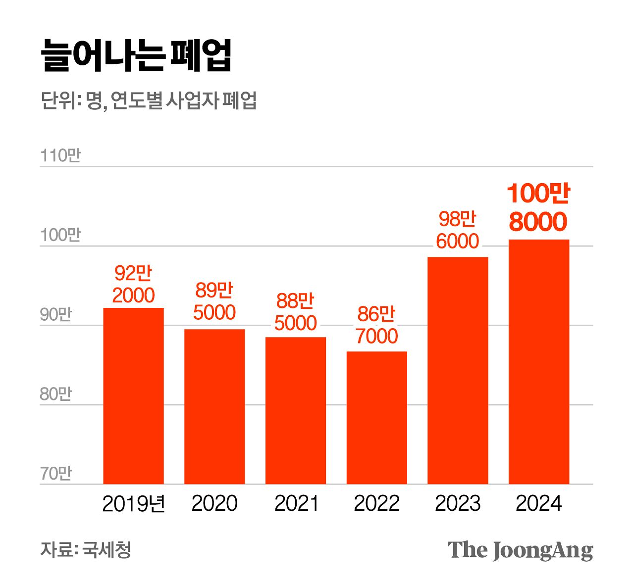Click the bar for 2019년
(x=133, y=396)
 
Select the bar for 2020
(x=214, y=406)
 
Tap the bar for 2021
(x=296, y=410)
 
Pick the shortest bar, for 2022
(x=376, y=418)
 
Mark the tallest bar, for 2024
(x=539, y=362)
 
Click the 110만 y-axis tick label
(x=60, y=155)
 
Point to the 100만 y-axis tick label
(x=60, y=235)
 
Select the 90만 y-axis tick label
(x=56, y=315)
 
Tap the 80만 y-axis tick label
(x=56, y=394)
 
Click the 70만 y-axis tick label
(x=56, y=474)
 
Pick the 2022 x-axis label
(x=376, y=504)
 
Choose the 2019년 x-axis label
(x=133, y=504)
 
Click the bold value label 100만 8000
(x=538, y=208)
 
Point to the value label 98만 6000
(x=458, y=230)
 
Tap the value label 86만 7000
(x=376, y=325)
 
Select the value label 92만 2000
(x=133, y=284)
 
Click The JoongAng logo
(x=520, y=550)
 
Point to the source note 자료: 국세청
(x=86, y=549)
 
